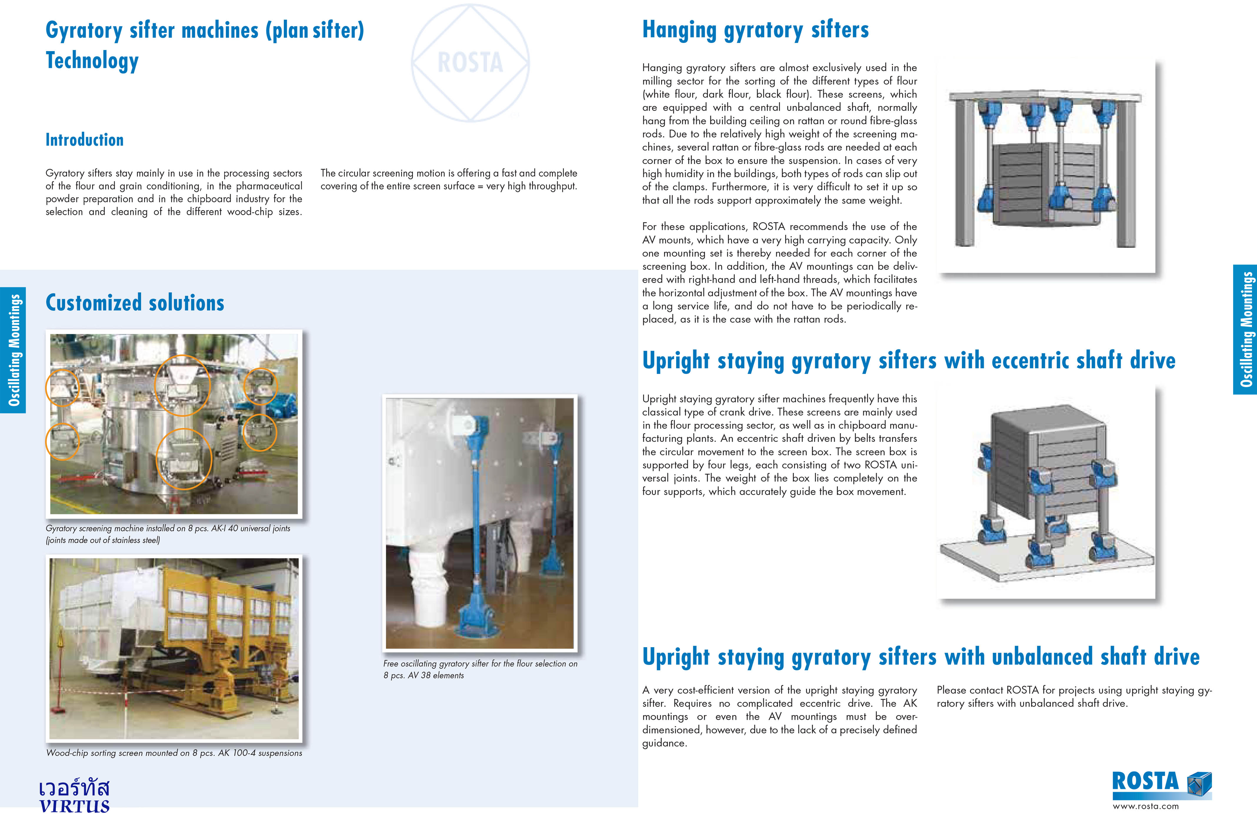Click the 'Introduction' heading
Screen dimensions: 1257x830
(85, 140)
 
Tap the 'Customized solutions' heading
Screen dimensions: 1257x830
(135, 303)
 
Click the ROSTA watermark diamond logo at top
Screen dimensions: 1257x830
(470, 63)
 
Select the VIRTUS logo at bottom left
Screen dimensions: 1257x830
(74, 796)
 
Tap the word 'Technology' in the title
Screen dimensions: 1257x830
(92, 61)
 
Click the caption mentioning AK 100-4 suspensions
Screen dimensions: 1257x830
(174, 753)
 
